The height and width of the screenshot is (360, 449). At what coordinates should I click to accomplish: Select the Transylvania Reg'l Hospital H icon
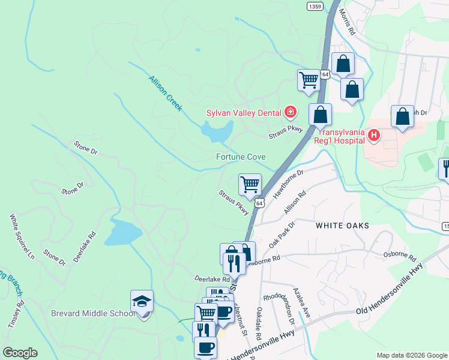(374, 136)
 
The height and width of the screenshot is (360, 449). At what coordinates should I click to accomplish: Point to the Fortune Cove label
(241, 157)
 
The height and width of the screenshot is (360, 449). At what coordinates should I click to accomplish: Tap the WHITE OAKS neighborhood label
(342, 225)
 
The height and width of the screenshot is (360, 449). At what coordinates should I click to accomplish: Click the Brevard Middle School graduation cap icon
(142, 301)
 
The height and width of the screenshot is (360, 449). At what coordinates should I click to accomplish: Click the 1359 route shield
(315, 6)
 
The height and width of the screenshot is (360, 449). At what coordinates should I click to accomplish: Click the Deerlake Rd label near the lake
(84, 247)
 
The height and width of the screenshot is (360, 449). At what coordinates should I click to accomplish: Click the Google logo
(20, 353)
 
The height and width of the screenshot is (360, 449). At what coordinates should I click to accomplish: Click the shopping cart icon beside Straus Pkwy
(250, 185)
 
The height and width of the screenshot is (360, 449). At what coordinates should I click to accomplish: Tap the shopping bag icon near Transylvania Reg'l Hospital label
(321, 114)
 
